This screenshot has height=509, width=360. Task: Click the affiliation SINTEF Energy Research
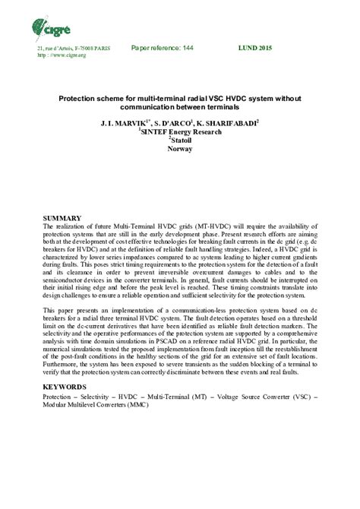(181, 131)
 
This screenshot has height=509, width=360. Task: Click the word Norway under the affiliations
(180, 149)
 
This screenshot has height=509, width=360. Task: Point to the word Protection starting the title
(77, 99)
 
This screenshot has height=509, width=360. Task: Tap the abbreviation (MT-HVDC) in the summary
(199, 226)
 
